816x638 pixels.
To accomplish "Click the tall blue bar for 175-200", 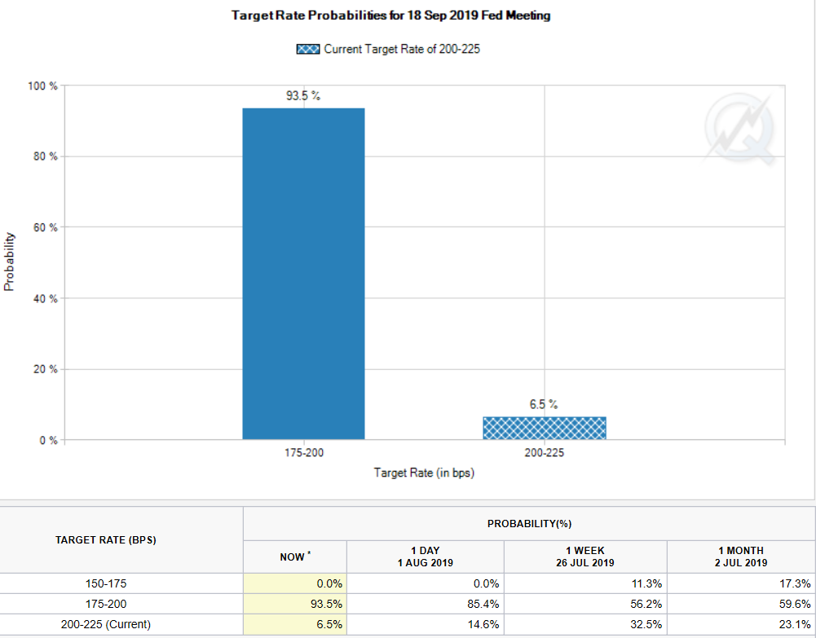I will [303, 274].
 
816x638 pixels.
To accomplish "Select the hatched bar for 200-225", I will [544, 429].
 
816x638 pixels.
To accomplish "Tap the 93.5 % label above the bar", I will [303, 96].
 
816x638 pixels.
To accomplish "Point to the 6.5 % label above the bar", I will [544, 405].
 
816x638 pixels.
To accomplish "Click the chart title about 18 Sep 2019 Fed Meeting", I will [390, 15].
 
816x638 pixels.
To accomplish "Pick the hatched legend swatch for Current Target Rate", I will [308, 50].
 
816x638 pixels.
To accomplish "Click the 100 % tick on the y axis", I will [42, 86].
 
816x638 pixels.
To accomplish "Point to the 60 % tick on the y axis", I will [45, 227].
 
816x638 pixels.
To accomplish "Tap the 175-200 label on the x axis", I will [303, 453].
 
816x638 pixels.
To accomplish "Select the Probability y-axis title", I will [9, 262].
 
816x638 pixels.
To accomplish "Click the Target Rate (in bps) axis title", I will [424, 473].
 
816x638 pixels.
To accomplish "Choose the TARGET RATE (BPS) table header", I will [106, 540].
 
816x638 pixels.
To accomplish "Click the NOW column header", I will [294, 557].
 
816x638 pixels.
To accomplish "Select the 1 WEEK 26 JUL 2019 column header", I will [585, 557].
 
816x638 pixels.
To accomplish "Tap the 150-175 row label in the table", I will [106, 583].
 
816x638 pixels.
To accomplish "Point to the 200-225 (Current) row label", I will [106, 624].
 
